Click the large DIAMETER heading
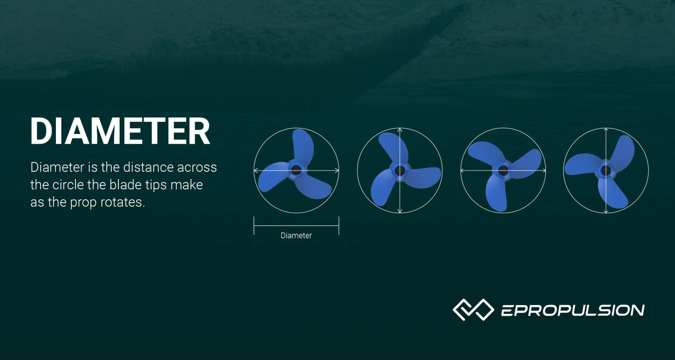(x=120, y=131)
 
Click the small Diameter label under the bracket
(x=296, y=236)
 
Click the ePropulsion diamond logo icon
(x=473, y=309)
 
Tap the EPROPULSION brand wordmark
(x=572, y=310)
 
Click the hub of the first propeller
(x=296, y=171)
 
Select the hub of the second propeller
(x=400, y=171)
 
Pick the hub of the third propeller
(x=503, y=171)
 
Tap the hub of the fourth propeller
(x=606, y=171)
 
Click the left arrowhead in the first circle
(x=256, y=171)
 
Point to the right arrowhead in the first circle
(x=337, y=171)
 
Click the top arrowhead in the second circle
(x=400, y=130)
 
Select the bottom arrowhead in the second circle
(x=400, y=211)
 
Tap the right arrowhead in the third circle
(x=544, y=171)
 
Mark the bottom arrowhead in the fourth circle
(x=606, y=211)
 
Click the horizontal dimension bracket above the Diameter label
(x=296, y=226)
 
